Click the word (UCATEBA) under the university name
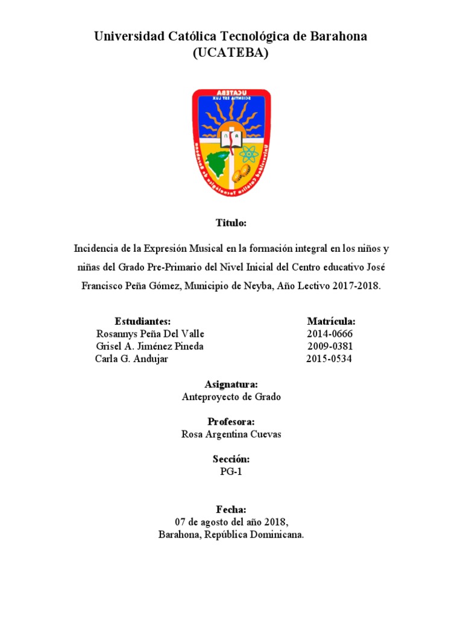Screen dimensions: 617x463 pos(230,53)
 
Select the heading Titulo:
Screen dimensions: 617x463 pos(231,223)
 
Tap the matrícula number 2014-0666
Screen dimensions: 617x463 pos(330,334)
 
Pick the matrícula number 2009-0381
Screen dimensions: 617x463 pos(330,346)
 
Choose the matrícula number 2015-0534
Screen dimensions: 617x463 pos(329,359)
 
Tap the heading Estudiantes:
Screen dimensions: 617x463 pos(142,321)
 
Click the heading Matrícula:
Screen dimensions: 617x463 pos(331,321)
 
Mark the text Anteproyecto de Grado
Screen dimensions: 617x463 pos(231,397)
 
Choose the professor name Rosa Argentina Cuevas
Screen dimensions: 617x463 pos(231,434)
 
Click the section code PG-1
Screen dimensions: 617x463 pos(231,472)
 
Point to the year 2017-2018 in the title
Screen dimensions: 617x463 pos(355,286)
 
